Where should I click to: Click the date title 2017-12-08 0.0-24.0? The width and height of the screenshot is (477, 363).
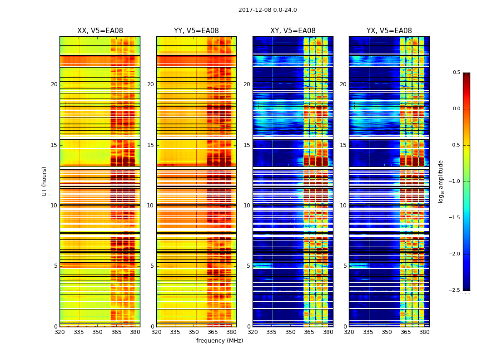[x=268, y=10]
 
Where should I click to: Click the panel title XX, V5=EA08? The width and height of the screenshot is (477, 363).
[x=100, y=31]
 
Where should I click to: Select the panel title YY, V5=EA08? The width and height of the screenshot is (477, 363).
[x=196, y=31]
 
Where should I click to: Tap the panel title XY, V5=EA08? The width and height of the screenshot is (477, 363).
[x=293, y=31]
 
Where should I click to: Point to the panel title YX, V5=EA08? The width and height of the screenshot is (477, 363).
[x=389, y=31]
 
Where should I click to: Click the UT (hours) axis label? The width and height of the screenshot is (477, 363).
[x=45, y=181]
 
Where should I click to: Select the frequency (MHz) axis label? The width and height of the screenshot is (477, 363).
[x=219, y=341]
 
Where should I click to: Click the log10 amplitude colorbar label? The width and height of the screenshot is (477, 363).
[x=441, y=181]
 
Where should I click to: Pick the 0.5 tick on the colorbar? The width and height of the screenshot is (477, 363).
[x=456, y=73]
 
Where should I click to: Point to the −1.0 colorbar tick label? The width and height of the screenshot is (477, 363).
[x=455, y=181]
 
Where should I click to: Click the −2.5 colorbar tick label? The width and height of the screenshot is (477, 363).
[x=455, y=290]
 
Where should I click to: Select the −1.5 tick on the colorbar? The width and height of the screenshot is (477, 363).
[x=455, y=218]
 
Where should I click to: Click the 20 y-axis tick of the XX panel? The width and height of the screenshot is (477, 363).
[x=54, y=84]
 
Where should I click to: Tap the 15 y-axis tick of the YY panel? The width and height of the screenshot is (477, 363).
[x=150, y=145]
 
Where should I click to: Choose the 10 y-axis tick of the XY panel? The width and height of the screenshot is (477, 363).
[x=247, y=206]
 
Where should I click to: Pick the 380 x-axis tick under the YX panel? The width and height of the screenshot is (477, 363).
[x=424, y=332]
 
